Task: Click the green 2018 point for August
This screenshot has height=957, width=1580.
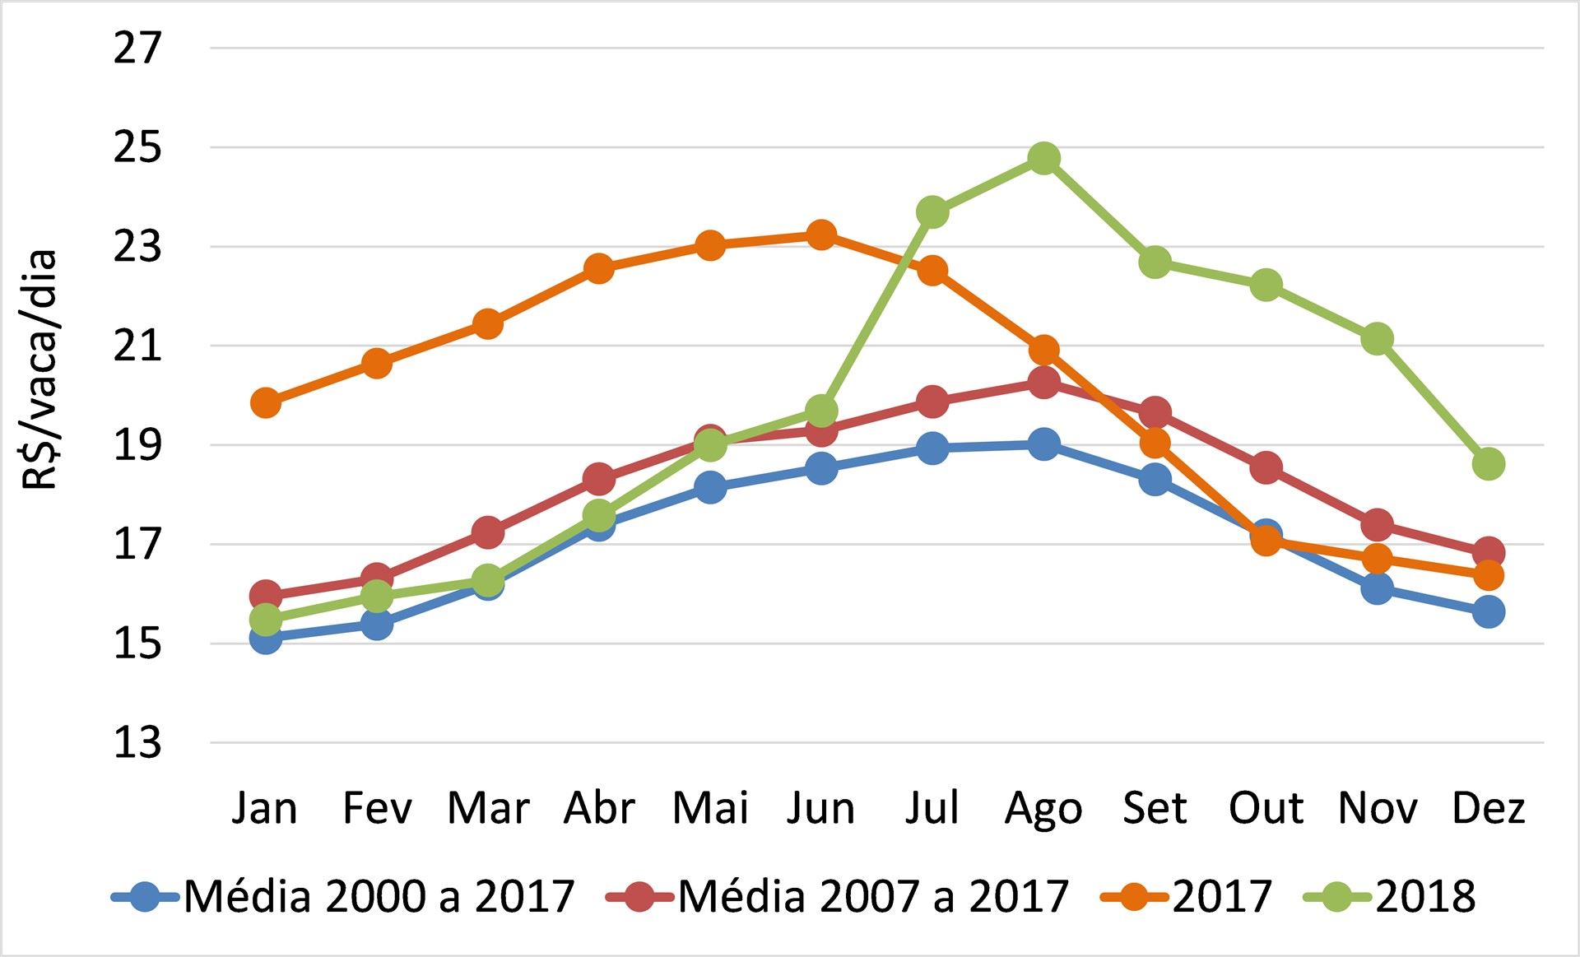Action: pyautogui.click(x=1043, y=158)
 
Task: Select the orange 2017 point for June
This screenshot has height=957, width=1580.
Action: pyautogui.click(x=821, y=235)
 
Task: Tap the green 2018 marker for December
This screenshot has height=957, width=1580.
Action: pyautogui.click(x=1488, y=464)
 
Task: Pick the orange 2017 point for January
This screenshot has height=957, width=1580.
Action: pyautogui.click(x=266, y=403)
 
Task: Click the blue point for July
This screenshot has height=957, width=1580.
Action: pyautogui.click(x=932, y=448)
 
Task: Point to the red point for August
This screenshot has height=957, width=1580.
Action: pyautogui.click(x=1043, y=382)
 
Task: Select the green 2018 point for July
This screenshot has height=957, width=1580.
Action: pyautogui.click(x=932, y=212)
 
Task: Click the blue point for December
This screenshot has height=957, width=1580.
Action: pyautogui.click(x=1488, y=612)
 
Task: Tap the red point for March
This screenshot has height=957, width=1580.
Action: pyautogui.click(x=488, y=532)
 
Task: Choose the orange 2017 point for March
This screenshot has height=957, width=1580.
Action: pyautogui.click(x=488, y=324)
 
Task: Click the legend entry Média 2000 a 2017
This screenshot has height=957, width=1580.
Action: pyautogui.click(x=343, y=896)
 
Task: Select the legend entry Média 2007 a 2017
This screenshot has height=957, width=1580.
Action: pyautogui.click(x=837, y=896)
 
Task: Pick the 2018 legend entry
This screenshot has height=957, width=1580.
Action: pyautogui.click(x=1391, y=896)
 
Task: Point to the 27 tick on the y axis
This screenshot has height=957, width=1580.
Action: pyautogui.click(x=137, y=49)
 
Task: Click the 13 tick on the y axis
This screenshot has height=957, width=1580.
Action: pyautogui.click(x=137, y=743)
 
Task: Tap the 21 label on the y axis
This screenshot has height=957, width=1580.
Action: pyautogui.click(x=137, y=346)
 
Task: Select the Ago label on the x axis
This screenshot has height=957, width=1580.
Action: pyautogui.click(x=1043, y=809)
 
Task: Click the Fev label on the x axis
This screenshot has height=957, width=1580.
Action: pyautogui.click(x=377, y=809)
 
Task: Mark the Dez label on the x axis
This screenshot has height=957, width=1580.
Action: pyautogui.click(x=1488, y=809)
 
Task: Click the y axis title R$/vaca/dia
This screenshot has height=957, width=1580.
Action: pyautogui.click(x=39, y=370)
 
